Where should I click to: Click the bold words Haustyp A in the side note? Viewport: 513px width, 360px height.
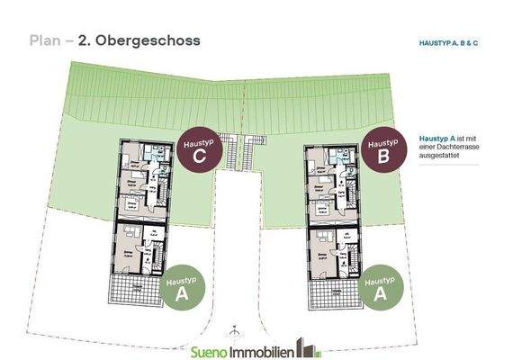pos(435,138)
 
